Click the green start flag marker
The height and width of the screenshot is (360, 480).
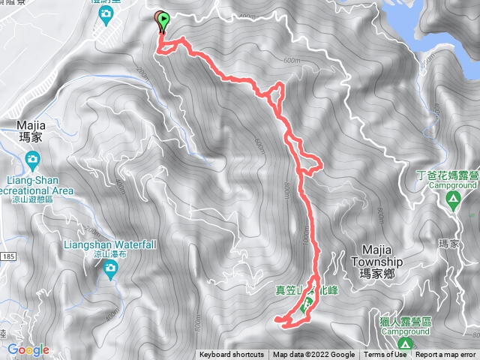click(x=164, y=20)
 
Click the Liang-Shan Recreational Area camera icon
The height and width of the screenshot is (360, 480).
click(x=32, y=158)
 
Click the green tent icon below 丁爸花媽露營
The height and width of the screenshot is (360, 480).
click(x=453, y=199)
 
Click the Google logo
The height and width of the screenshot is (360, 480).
click(x=28, y=349)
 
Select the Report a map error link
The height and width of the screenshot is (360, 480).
click(x=446, y=355)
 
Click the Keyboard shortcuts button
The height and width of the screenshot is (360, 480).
click(x=232, y=355)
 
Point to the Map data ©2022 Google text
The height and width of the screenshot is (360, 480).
click(x=313, y=355)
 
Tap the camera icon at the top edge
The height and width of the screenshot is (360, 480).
click(x=106, y=13)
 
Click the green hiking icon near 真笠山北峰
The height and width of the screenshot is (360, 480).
click(x=306, y=306)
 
